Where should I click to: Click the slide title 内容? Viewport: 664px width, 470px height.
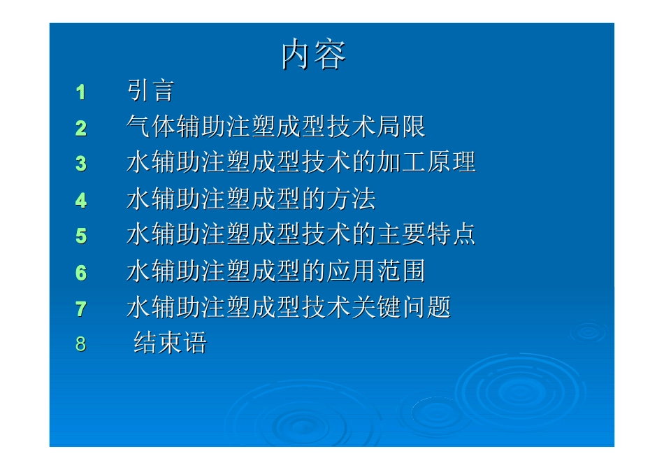coord(314,55)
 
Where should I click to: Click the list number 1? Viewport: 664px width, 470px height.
coord(81,92)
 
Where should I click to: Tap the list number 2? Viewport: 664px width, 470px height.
coord(81,128)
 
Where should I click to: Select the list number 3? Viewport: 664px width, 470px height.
coord(81,164)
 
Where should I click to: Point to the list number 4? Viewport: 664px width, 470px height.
coord(81,201)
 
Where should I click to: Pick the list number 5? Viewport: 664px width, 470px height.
coord(81,236)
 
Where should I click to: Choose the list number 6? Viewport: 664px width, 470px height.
coord(81,273)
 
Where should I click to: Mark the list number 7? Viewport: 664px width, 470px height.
coord(81,308)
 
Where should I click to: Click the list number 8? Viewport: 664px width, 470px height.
coord(81,344)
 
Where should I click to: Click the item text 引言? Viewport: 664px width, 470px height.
coord(150,91)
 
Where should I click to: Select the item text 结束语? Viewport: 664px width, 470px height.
coord(170,343)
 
